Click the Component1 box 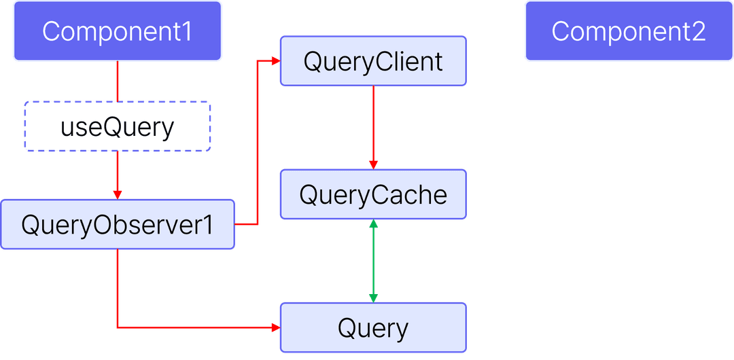click(118, 31)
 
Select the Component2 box click(629, 31)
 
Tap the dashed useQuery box click(118, 126)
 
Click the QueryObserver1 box click(118, 224)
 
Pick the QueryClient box click(373, 61)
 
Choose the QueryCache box click(373, 195)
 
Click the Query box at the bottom click(373, 328)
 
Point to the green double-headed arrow click(373, 261)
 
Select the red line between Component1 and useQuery click(118, 82)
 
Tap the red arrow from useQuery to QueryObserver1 click(118, 173)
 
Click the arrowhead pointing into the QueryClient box click(275, 61)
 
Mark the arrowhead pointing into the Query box click(275, 327)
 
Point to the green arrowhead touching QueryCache click(373, 224)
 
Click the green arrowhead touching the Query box click(373, 298)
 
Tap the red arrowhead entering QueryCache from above click(373, 164)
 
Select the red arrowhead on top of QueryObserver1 click(118, 194)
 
